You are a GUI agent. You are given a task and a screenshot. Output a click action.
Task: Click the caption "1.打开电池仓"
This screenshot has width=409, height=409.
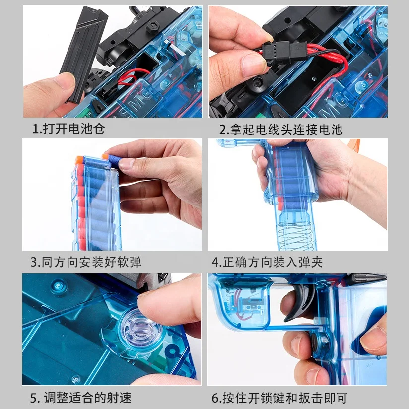[x=68, y=129]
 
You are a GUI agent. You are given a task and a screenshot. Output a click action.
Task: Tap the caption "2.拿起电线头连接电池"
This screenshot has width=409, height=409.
[x=280, y=130]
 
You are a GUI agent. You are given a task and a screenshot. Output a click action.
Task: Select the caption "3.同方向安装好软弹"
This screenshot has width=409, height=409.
[x=86, y=262]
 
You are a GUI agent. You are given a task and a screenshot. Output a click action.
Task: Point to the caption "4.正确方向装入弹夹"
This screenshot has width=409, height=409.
[x=267, y=262]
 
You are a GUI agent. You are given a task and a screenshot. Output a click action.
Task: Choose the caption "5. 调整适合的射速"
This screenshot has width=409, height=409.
[x=80, y=398]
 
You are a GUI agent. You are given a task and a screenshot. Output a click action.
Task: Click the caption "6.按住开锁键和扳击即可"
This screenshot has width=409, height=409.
[x=279, y=398]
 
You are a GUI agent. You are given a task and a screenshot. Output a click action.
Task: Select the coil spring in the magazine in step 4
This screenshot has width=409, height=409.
[x=296, y=236]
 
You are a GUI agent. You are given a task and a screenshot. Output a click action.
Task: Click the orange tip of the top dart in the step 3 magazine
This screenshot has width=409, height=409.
[x=79, y=160]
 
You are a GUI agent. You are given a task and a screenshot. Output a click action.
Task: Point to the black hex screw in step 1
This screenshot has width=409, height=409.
[x=153, y=27]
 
